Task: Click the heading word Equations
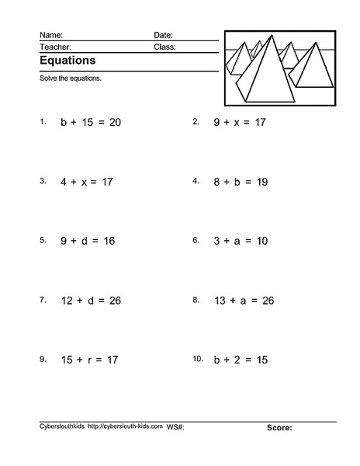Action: click(x=67, y=60)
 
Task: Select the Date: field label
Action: click(x=163, y=35)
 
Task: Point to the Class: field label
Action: click(x=164, y=47)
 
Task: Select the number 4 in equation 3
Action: click(x=64, y=182)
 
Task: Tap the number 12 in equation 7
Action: click(x=67, y=301)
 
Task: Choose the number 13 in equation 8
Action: click(x=220, y=301)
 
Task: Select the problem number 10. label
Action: click(x=198, y=360)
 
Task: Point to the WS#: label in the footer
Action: click(x=175, y=426)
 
